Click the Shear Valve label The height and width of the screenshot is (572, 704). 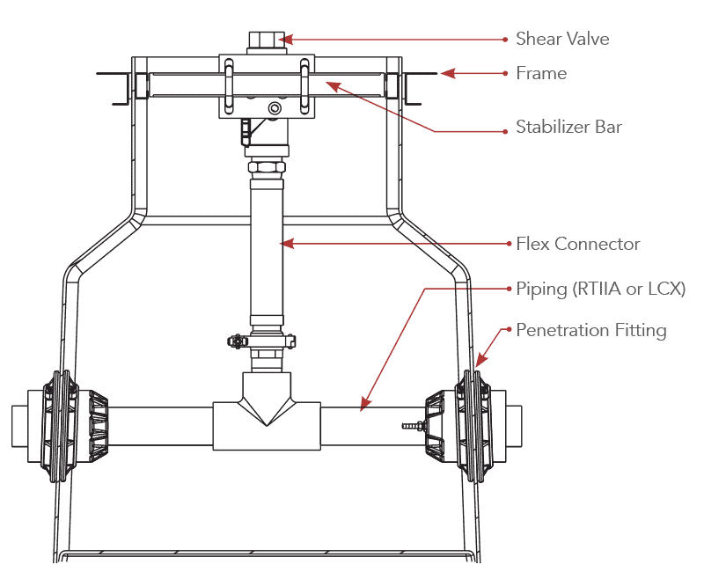tap(561, 39)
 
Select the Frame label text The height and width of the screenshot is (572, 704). tap(541, 73)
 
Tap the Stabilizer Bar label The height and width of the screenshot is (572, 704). tap(568, 127)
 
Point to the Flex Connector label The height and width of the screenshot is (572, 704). tap(577, 244)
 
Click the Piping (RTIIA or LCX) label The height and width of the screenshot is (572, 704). tap(600, 289)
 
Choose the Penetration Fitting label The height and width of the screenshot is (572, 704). tap(590, 331)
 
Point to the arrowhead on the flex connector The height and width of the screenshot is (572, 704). tap(282, 244)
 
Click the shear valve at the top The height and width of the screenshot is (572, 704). tap(262, 40)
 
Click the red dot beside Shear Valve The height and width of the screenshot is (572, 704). tap(506, 39)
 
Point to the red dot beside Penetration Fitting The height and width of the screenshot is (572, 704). tap(507, 331)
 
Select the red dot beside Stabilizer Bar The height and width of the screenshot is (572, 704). tap(506, 131)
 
